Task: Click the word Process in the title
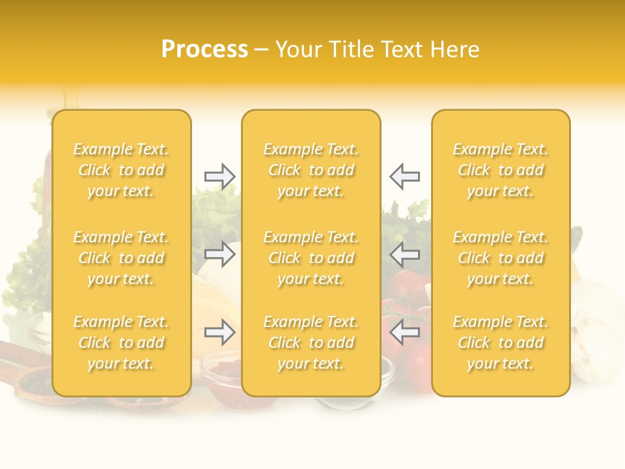[204, 50]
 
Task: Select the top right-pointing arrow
[219, 177]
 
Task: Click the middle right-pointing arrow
[219, 255]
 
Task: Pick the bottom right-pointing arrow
[219, 332]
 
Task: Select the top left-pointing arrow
[405, 177]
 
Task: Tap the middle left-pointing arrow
[405, 255]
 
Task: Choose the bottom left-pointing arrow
[405, 332]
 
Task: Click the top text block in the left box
[121, 170]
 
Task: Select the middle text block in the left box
[121, 258]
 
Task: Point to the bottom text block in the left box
[121, 343]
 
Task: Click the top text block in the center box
[311, 170]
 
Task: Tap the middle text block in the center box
[311, 258]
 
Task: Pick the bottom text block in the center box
[311, 343]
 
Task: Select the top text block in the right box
[500, 170]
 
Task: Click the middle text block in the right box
[500, 258]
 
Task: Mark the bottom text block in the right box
[500, 343]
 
